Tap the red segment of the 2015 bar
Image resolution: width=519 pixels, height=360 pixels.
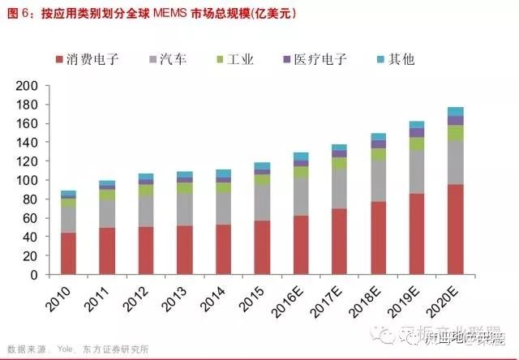click(262, 247)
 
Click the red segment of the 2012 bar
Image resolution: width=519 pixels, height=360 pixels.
click(146, 250)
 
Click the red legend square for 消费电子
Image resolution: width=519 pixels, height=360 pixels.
click(61, 60)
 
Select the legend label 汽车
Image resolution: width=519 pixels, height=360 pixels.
click(173, 59)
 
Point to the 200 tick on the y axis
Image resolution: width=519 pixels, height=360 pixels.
click(28, 85)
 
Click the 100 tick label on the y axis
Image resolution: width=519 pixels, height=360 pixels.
click(28, 180)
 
